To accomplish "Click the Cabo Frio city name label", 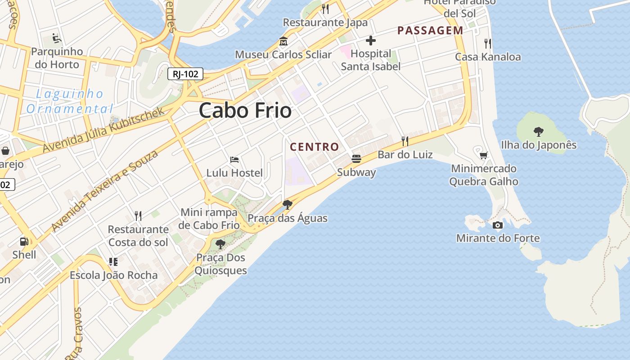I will tap(245, 111).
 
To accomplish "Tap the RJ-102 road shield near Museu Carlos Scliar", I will tap(185, 74).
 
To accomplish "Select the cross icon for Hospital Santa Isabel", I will tap(370, 41).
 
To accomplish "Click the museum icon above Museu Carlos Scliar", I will tap(283, 41).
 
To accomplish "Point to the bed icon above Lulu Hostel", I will tap(234, 159).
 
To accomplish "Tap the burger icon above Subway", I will tap(356, 158).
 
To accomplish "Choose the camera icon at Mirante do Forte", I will tap(498, 225).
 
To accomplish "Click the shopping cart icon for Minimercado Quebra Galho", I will tap(484, 155).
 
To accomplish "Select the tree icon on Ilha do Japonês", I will tap(538, 131).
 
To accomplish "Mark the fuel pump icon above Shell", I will tap(24, 242).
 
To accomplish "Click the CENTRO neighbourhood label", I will tap(315, 147).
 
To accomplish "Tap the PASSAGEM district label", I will tap(430, 31).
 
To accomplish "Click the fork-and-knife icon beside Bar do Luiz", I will tap(405, 141).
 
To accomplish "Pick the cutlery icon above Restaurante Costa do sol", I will tap(138, 216).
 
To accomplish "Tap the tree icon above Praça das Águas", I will tap(287, 205).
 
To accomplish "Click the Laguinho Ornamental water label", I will tap(70, 101).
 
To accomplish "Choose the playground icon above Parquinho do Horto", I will tap(57, 38).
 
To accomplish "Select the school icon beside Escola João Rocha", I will tap(113, 261).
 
